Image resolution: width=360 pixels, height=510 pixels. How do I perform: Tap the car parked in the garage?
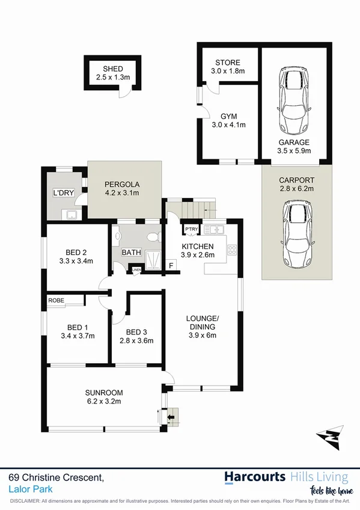[294, 102]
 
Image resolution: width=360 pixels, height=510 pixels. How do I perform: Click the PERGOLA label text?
[122, 184]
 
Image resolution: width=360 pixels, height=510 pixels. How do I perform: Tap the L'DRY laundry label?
[63, 193]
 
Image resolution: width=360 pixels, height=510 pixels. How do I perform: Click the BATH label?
[132, 253]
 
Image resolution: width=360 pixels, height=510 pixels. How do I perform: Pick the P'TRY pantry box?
[191, 230]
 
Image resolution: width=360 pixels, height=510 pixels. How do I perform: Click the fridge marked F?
[171, 265]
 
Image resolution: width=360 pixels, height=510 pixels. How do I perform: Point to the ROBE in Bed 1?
[56, 300]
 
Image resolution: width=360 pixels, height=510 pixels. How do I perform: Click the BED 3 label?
[136, 332]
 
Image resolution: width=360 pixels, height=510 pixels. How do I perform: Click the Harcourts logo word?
[255, 478]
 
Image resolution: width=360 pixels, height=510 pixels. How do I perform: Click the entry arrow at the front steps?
[172, 416]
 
